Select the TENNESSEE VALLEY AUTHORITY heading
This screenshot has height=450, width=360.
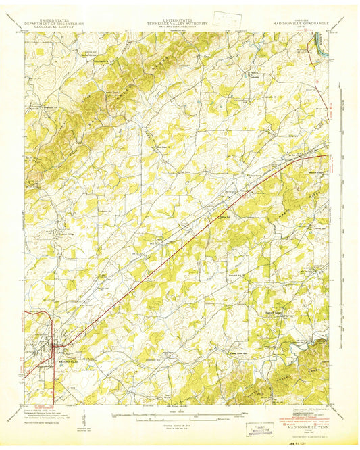click(x=179, y=24)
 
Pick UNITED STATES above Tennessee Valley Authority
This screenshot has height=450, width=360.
click(x=179, y=21)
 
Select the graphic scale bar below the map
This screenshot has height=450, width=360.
click(x=179, y=411)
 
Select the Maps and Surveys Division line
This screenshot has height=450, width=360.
click(x=179, y=28)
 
